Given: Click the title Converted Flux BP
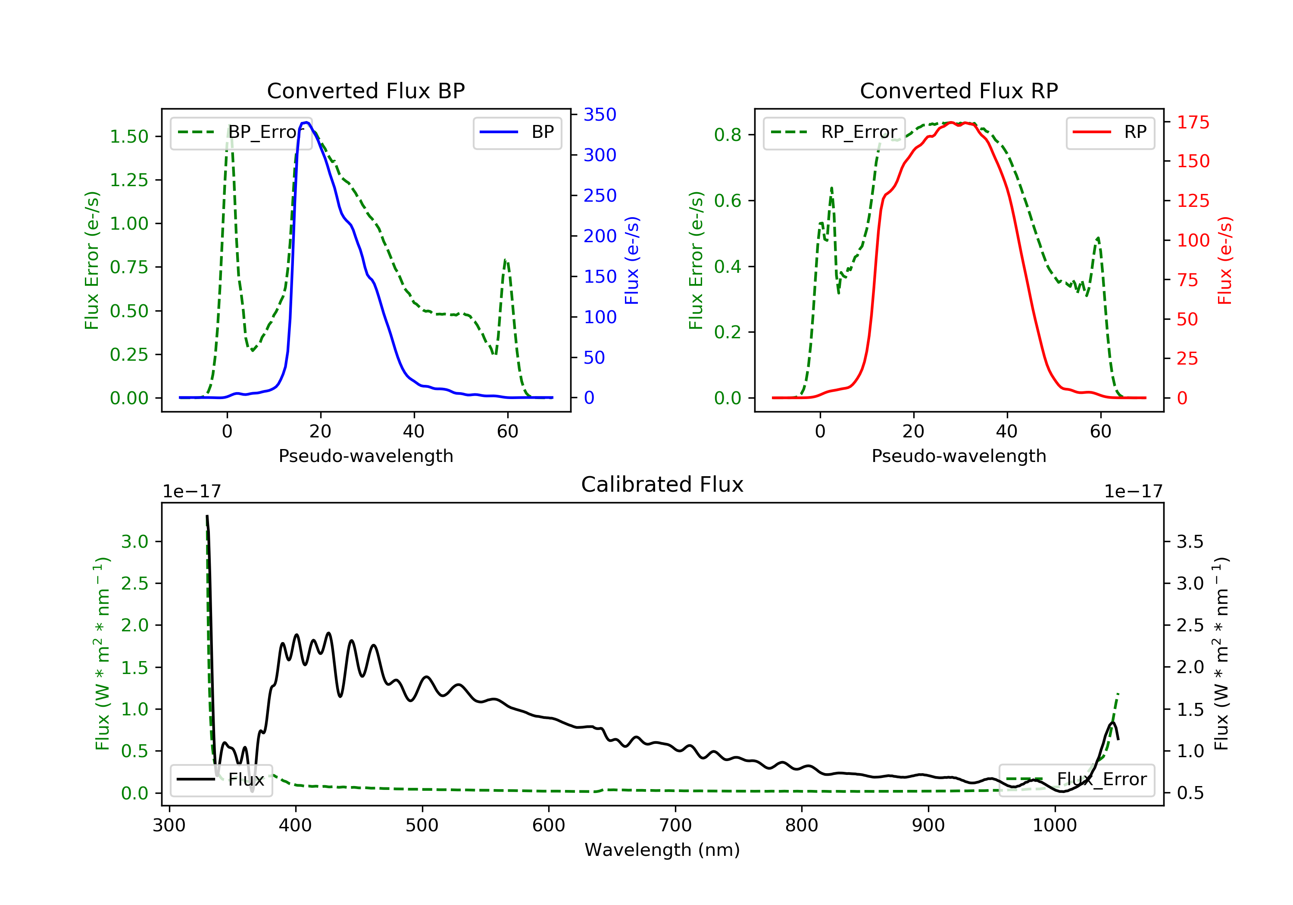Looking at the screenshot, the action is point(366,90).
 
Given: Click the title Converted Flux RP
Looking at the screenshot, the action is point(959,90).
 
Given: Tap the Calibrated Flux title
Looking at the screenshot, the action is point(662,484).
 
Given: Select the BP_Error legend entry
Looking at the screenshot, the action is point(241,132).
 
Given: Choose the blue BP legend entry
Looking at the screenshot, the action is point(517,132).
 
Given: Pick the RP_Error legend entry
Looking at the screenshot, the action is point(834,132).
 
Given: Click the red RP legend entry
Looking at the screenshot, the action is point(1110,132).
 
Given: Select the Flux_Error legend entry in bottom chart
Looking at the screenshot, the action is point(1076,780).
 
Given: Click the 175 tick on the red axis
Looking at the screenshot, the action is point(1193,122).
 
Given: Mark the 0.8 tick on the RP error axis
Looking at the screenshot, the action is point(728,134).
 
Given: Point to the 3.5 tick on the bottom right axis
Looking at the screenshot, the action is point(1190,542).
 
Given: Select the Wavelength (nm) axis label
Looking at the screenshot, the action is point(662,850).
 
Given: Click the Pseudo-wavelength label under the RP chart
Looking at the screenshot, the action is point(959,456).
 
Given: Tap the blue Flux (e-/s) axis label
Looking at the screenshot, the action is point(632,261).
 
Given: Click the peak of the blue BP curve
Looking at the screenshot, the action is point(306,122).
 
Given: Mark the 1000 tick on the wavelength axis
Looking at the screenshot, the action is point(1055,826).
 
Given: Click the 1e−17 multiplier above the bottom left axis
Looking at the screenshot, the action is point(192,492).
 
